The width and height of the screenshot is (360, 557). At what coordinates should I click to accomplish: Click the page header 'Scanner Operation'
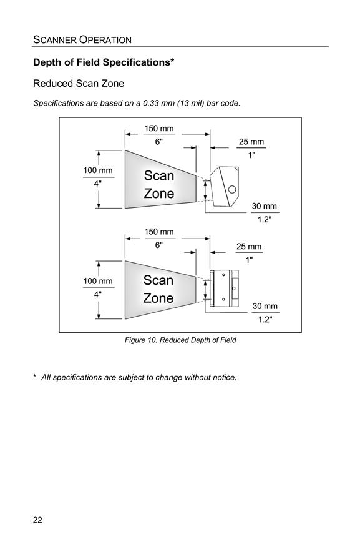click(x=82, y=39)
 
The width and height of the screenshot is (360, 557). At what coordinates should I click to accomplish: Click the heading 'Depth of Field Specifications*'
click(x=104, y=62)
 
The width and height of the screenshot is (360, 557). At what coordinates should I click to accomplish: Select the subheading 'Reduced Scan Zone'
click(x=79, y=84)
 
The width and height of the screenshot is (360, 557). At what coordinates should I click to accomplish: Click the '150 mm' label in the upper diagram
click(x=159, y=128)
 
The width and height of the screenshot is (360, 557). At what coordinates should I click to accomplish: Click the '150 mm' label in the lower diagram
click(x=159, y=232)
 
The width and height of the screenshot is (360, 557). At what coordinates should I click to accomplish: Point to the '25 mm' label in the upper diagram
click(x=251, y=142)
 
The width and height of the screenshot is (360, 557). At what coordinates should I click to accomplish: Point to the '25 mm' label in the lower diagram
click(x=249, y=247)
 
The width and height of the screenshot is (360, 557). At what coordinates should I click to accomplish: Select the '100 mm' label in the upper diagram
click(x=98, y=170)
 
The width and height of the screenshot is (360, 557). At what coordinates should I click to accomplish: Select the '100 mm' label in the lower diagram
click(x=98, y=281)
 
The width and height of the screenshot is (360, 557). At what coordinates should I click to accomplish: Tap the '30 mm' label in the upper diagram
click(x=265, y=206)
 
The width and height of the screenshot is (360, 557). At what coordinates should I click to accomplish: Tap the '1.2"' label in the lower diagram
click(x=265, y=319)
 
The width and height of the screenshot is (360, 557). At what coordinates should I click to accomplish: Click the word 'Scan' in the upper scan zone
click(x=159, y=175)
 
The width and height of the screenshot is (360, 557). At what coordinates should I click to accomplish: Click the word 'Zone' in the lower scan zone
click(x=158, y=298)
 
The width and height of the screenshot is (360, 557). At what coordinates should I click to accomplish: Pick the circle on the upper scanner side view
click(x=232, y=189)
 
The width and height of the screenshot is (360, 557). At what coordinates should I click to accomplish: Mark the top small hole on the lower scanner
click(x=223, y=275)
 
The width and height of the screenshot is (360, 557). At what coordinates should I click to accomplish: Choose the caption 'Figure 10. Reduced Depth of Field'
click(x=180, y=340)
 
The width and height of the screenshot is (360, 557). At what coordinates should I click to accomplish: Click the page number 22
click(x=37, y=520)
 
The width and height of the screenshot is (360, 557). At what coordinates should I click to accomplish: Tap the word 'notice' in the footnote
click(x=223, y=377)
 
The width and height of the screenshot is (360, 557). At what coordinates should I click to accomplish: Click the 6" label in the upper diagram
click(x=158, y=142)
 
